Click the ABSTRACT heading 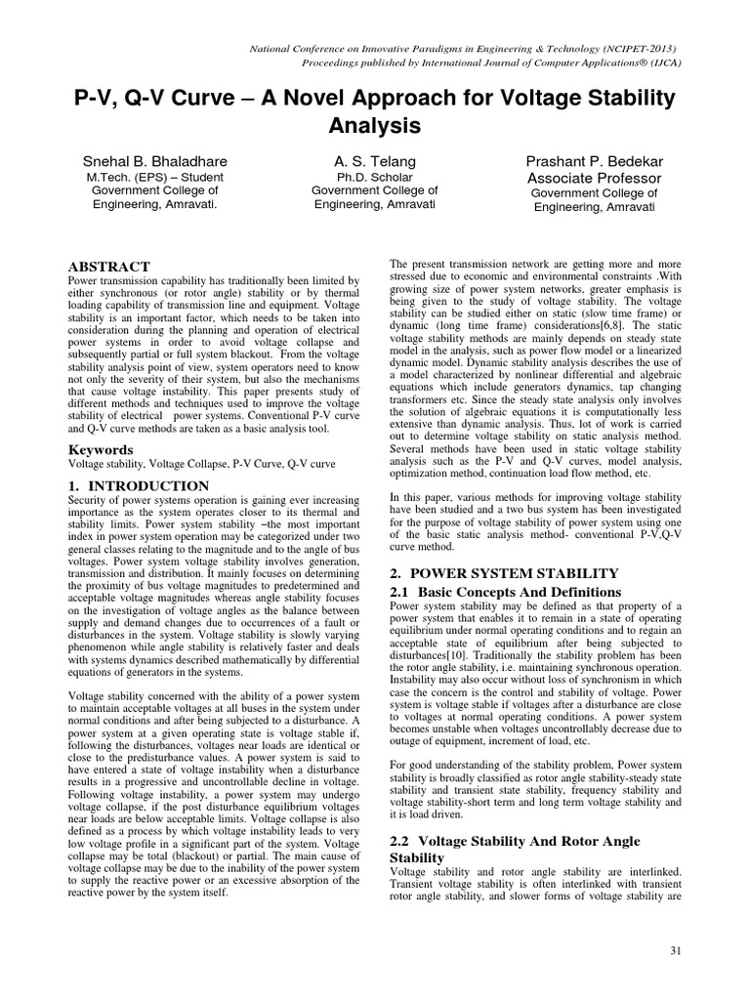[x=107, y=267]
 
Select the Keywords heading [x=100, y=449]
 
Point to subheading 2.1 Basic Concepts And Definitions [x=505, y=592]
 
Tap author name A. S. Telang [x=375, y=161]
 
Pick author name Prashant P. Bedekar [x=594, y=161]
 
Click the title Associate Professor [x=594, y=179]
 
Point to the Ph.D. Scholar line [x=375, y=178]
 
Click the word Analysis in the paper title [x=374, y=126]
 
